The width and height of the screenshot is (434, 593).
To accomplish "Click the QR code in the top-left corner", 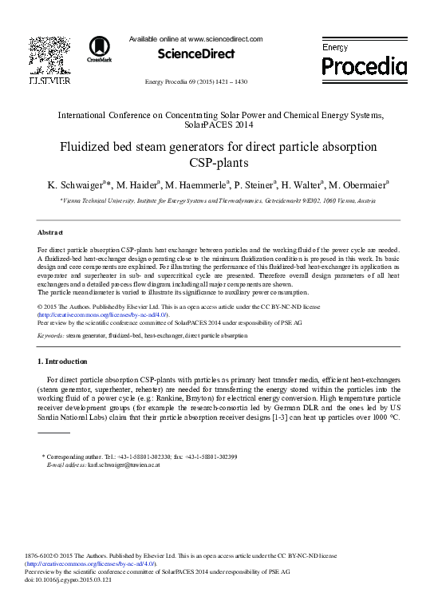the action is click(49, 54).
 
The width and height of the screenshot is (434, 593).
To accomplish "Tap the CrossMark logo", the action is click(100, 49).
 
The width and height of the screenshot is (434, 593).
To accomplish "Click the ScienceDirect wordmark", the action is click(196, 54).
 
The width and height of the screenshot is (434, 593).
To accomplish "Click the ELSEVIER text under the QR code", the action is click(49, 81).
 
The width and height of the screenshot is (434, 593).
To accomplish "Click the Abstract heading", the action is click(50, 232).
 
